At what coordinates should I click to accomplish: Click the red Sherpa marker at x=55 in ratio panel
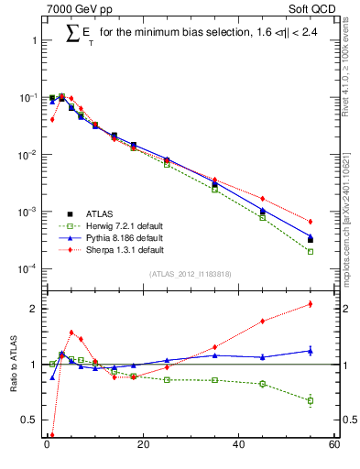click(311, 304)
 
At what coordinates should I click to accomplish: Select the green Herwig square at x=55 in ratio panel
click(311, 400)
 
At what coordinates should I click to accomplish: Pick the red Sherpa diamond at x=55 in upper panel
click(311, 222)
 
